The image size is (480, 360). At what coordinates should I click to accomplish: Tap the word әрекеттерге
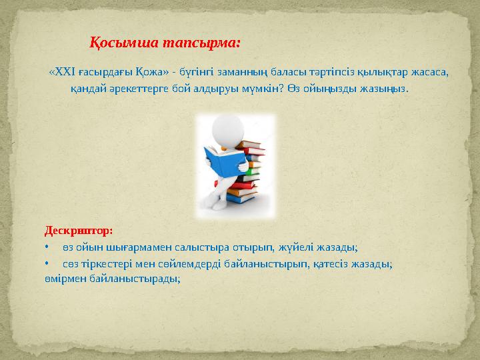(x=129, y=89)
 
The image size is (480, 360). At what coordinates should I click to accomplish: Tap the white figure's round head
(x=224, y=131)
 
